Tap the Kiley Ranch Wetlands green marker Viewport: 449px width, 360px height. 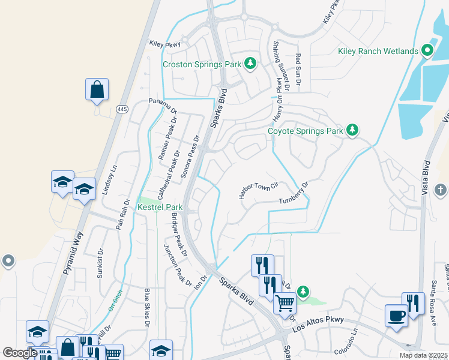point(427,51)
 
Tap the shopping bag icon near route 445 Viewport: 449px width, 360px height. point(97,90)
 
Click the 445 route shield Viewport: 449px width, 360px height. point(122,108)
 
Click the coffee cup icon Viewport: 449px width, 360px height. point(396,315)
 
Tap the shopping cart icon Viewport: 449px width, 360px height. point(285,303)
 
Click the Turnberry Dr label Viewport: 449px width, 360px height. point(294,195)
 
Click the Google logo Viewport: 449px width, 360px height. point(19,353)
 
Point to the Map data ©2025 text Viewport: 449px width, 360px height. point(424,355)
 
